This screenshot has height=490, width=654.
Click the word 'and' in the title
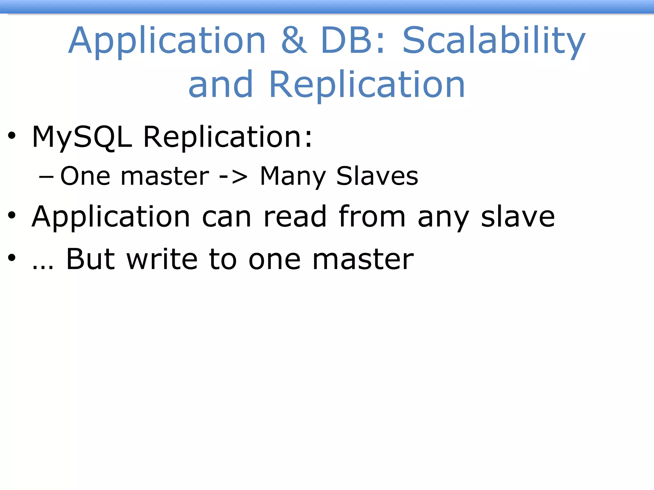(221, 84)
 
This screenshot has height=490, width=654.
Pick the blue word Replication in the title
(367, 85)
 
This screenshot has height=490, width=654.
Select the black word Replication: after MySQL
(228, 137)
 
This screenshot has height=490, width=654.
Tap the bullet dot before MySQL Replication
(12, 136)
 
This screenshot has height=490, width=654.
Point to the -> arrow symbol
(233, 176)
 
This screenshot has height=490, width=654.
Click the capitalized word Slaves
(377, 176)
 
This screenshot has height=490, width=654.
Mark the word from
(372, 217)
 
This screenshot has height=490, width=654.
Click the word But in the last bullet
(90, 259)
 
